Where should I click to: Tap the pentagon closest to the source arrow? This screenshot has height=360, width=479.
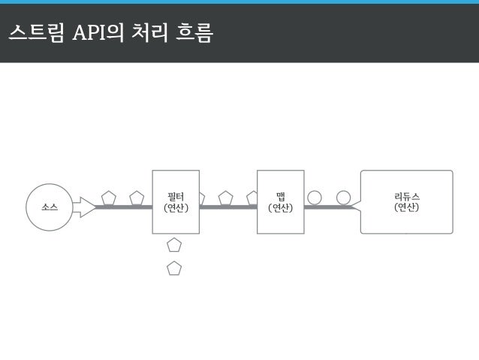click(108, 198)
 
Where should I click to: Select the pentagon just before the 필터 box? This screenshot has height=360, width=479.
click(137, 198)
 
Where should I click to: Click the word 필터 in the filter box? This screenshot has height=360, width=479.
click(176, 197)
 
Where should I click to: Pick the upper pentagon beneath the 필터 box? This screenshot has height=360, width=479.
click(174, 244)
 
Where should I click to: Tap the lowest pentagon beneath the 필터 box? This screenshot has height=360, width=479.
click(174, 268)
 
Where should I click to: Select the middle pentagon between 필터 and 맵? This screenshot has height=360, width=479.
click(225, 198)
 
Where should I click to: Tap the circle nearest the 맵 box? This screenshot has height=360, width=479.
click(315, 198)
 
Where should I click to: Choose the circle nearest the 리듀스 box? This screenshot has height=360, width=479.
click(343, 198)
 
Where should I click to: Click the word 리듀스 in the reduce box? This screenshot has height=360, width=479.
click(407, 197)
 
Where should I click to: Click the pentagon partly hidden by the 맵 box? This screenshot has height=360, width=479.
click(252, 198)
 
